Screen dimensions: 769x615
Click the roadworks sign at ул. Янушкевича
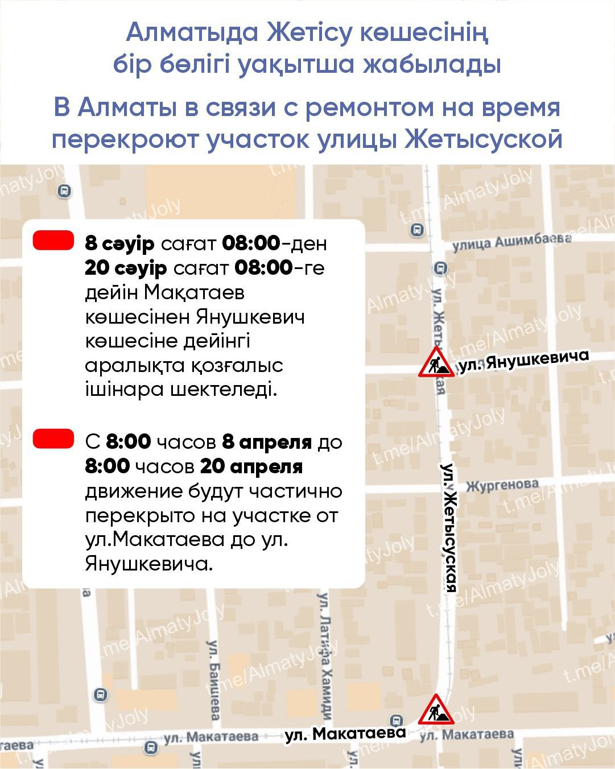pos(436,363)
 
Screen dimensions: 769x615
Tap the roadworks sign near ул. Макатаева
pos(436,709)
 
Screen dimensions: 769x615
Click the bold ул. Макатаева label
pos(345,734)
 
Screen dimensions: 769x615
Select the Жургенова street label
pos(502,485)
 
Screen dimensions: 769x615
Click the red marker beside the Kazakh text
pos(53,240)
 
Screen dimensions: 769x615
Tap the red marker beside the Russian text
pos(53,439)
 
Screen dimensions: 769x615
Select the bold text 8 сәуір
pos(119,243)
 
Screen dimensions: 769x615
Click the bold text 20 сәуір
pos(126,268)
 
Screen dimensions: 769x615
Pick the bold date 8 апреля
pos(267,441)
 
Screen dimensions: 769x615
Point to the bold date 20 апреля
pos(251,466)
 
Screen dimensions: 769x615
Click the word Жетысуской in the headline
pos(484,139)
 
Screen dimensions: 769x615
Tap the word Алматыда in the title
pos(192,32)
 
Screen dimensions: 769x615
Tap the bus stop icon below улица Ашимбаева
pos(440,268)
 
